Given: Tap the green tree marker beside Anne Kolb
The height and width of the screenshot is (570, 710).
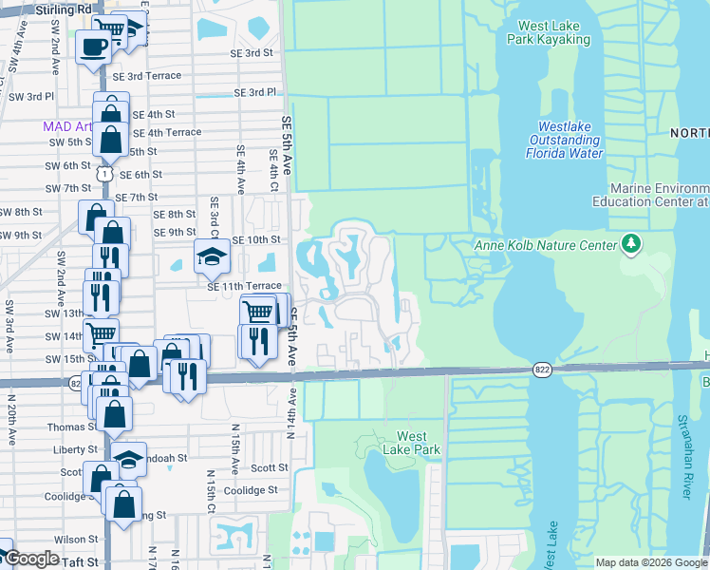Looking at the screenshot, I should pos(630,244).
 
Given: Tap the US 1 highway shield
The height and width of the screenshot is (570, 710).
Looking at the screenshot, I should pos(104,174).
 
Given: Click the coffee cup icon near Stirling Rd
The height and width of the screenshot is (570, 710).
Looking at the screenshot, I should pos(93,47).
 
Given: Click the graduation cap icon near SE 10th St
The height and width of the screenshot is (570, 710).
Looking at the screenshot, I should pos(212,255).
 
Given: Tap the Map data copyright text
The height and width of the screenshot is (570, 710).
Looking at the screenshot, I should pos(650,562).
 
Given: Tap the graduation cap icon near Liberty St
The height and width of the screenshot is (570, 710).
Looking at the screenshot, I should pos(128,460).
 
